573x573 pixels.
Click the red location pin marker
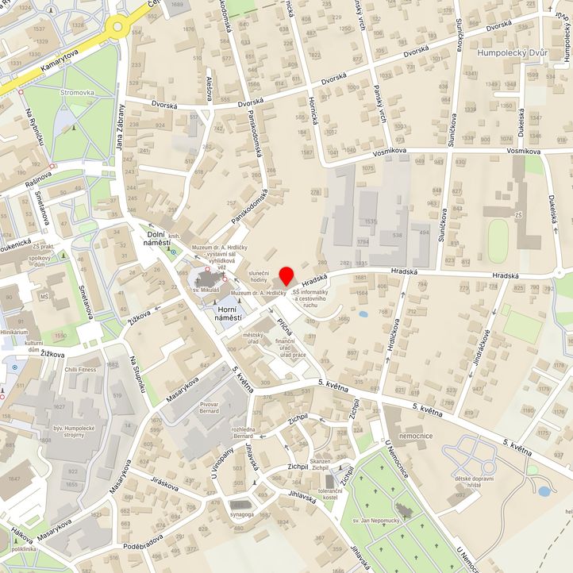(x=286, y=278)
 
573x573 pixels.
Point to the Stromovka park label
(x=77, y=93)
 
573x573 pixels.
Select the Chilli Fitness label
(x=80, y=369)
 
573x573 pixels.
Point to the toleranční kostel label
(x=331, y=496)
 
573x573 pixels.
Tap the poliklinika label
(x=19, y=549)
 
